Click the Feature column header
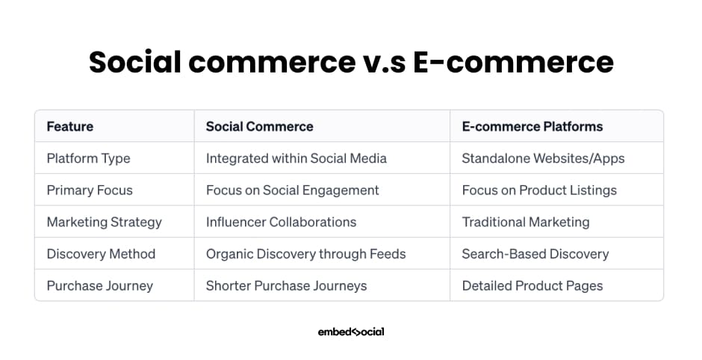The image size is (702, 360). (70, 126)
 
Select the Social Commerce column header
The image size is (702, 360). (260, 126)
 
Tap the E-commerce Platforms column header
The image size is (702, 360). (532, 126)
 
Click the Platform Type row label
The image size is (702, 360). (89, 158)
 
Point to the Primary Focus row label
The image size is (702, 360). (90, 190)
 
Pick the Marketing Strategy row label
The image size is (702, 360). (105, 222)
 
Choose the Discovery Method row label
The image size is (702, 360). (101, 254)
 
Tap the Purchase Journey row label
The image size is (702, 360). (100, 285)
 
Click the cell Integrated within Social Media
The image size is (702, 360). (296, 158)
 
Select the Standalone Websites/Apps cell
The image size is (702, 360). (543, 158)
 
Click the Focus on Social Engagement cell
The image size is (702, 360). (292, 190)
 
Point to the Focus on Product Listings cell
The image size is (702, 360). (539, 190)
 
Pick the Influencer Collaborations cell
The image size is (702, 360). (281, 222)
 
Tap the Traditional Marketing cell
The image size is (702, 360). (526, 222)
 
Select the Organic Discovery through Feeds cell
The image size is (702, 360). (305, 254)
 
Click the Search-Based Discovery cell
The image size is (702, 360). (535, 254)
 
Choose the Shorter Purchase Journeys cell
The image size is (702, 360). (287, 285)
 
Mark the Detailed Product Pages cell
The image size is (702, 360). (532, 285)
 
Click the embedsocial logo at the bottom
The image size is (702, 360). (351, 332)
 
